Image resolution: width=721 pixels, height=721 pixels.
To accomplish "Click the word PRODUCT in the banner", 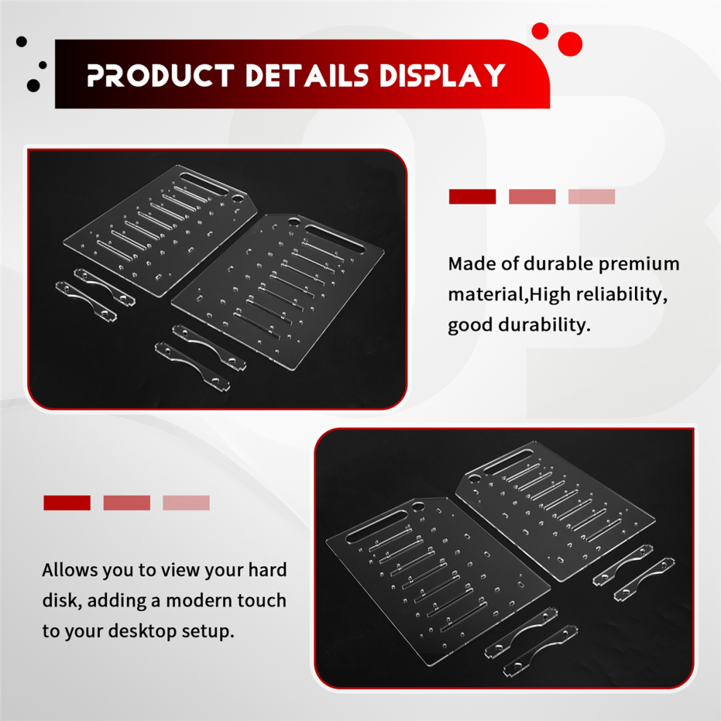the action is click(x=161, y=76).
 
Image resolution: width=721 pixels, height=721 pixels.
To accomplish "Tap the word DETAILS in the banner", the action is click(x=307, y=76).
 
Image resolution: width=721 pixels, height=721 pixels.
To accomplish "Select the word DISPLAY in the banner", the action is click(x=442, y=76).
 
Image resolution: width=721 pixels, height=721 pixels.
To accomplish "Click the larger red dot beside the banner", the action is click(x=570, y=44).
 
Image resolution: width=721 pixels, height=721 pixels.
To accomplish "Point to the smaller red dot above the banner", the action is click(x=540, y=31).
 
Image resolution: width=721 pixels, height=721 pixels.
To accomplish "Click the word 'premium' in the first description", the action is click(x=639, y=264).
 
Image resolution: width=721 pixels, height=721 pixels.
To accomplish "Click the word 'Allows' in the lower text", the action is click(x=70, y=570).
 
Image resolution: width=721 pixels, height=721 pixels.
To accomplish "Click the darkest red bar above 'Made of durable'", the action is click(x=472, y=197).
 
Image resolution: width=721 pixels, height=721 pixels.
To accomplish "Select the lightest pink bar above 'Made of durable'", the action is click(x=591, y=197).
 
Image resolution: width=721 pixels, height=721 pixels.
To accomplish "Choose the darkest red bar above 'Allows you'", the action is click(x=67, y=503).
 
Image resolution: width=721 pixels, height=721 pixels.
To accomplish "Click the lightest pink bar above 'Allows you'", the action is click(x=186, y=503).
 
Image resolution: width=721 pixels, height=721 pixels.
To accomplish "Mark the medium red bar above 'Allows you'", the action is click(x=127, y=503).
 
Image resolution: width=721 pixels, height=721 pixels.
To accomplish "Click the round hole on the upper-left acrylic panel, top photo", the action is click(x=237, y=198).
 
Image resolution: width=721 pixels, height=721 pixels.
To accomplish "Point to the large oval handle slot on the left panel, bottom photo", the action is click(x=376, y=526).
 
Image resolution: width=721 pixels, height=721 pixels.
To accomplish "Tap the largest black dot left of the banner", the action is click(x=33, y=85).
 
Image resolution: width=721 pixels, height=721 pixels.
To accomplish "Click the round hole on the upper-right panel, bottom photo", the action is click(x=473, y=478).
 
